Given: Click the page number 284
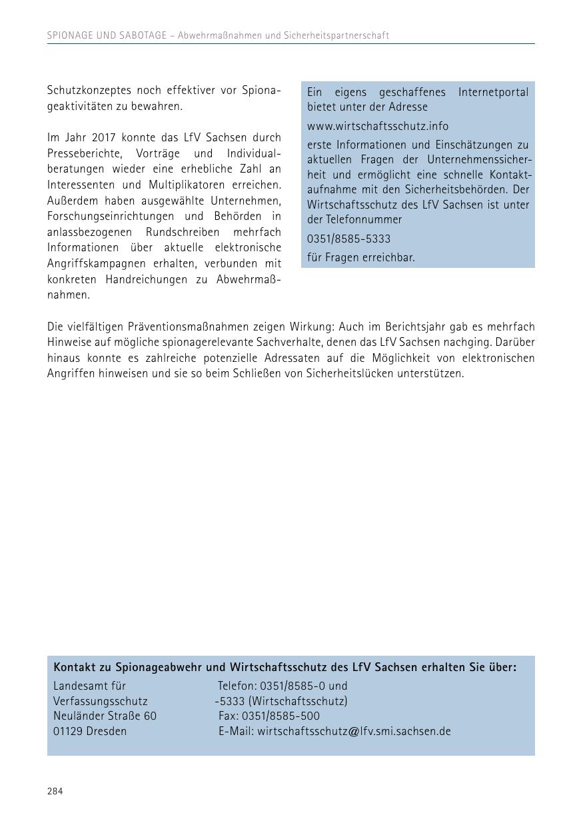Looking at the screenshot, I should pyautogui.click(x=55, y=791).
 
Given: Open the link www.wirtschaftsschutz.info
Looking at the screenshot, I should pyautogui.click(x=378, y=126).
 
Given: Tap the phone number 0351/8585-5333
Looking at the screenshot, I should pyautogui.click(x=348, y=239).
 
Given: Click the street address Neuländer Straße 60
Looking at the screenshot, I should pyautogui.click(x=105, y=716).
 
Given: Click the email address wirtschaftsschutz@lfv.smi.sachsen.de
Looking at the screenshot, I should pyautogui.click(x=354, y=731).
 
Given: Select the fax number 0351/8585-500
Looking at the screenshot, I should pyautogui.click(x=281, y=716).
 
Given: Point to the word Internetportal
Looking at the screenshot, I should pyautogui.click(x=493, y=92).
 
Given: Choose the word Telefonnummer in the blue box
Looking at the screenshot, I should pyautogui.click(x=364, y=219).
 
